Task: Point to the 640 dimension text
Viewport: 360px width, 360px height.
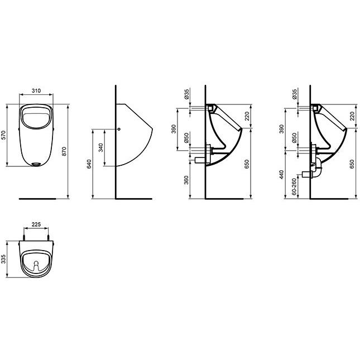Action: click(89, 164)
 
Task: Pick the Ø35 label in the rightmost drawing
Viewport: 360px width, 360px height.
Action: click(294, 93)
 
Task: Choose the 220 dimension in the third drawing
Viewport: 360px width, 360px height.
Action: click(247, 116)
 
